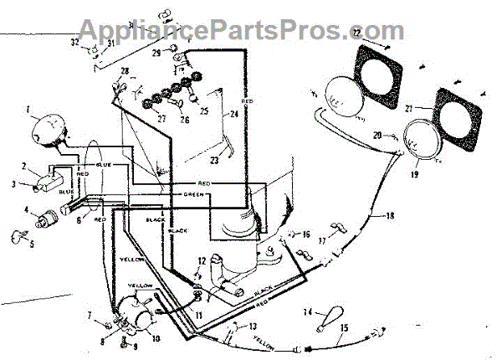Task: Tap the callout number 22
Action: tap(357, 32)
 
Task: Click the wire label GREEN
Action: tap(194, 195)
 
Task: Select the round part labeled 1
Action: tap(49, 131)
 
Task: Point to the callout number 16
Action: tap(306, 234)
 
